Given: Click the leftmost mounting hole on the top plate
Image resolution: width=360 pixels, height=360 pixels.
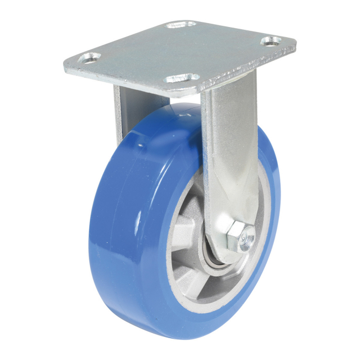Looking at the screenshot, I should tap(89, 57).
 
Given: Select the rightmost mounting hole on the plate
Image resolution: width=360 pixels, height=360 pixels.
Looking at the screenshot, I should tap(273, 41).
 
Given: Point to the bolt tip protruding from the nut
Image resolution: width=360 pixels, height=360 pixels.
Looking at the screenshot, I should tap(246, 240).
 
